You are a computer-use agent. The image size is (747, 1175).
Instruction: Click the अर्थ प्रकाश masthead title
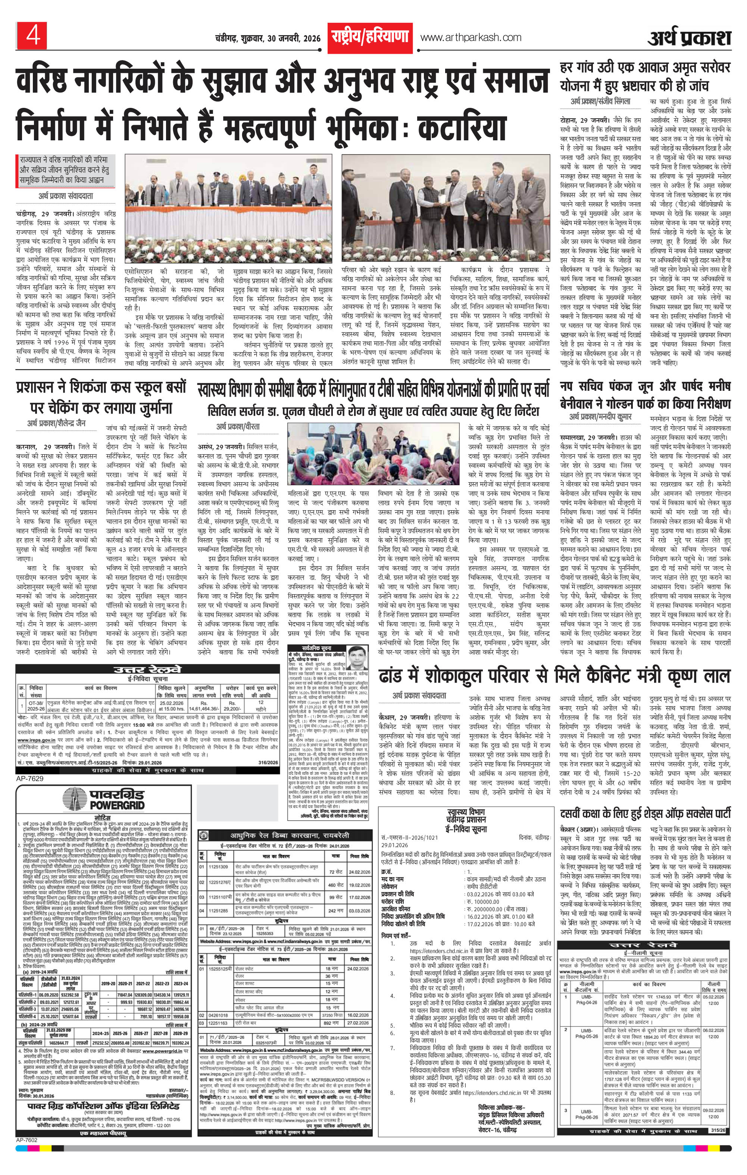[x=690, y=38]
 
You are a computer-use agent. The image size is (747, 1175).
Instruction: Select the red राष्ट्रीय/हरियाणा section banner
[x=370, y=37]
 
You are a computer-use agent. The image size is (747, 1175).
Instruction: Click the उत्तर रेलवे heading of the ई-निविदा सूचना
[x=147, y=670]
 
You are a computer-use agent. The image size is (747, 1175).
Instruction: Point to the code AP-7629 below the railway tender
[x=30, y=778]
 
